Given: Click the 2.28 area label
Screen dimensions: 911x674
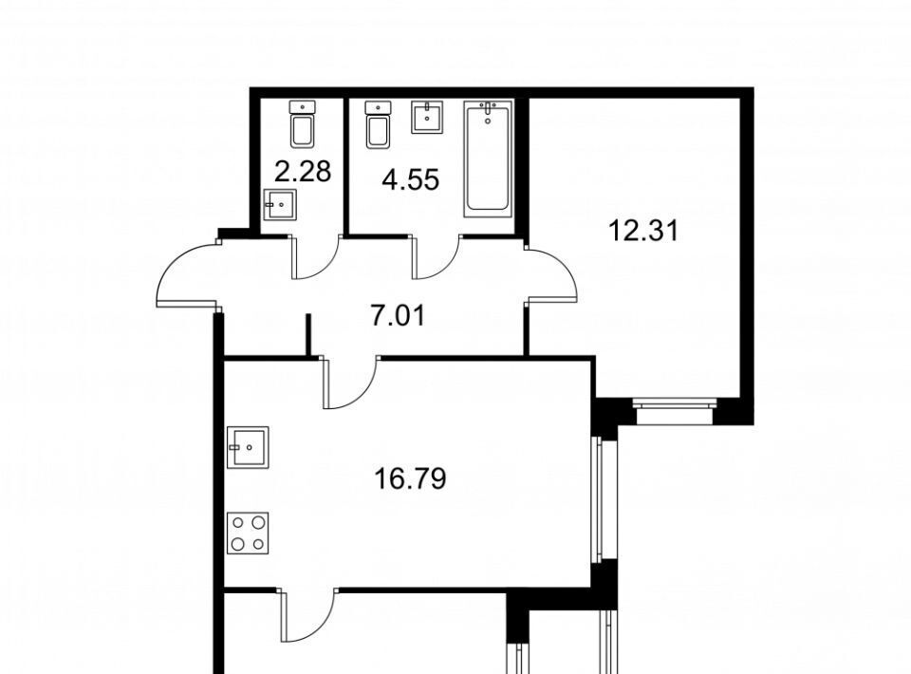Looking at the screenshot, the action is click(303, 172).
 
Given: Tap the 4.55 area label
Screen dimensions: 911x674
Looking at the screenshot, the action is click(410, 179).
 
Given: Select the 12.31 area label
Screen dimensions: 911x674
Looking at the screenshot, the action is click(643, 231).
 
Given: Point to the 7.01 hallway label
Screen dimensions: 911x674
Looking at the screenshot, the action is click(398, 316).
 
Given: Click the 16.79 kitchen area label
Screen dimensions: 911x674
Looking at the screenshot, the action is click(410, 479).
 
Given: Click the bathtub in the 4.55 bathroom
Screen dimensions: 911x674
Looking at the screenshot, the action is click(488, 159).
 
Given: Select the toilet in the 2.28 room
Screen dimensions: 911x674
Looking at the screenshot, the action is click(303, 123).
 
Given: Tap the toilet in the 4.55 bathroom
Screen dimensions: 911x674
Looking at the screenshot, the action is click(379, 123).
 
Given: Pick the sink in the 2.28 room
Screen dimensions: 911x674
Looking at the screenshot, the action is click(280, 204).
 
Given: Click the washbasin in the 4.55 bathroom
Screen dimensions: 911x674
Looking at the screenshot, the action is click(428, 117).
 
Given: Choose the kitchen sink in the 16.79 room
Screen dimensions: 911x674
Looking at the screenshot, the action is click(248, 447).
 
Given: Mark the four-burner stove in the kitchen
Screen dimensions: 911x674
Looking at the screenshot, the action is click(248, 533).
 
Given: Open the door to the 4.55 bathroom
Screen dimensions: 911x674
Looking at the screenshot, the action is click(436, 257).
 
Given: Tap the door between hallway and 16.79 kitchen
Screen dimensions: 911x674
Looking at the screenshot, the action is click(350, 382).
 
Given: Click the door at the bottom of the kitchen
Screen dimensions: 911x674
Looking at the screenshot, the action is click(309, 615).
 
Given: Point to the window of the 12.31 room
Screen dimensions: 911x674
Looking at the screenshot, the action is click(674, 411).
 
